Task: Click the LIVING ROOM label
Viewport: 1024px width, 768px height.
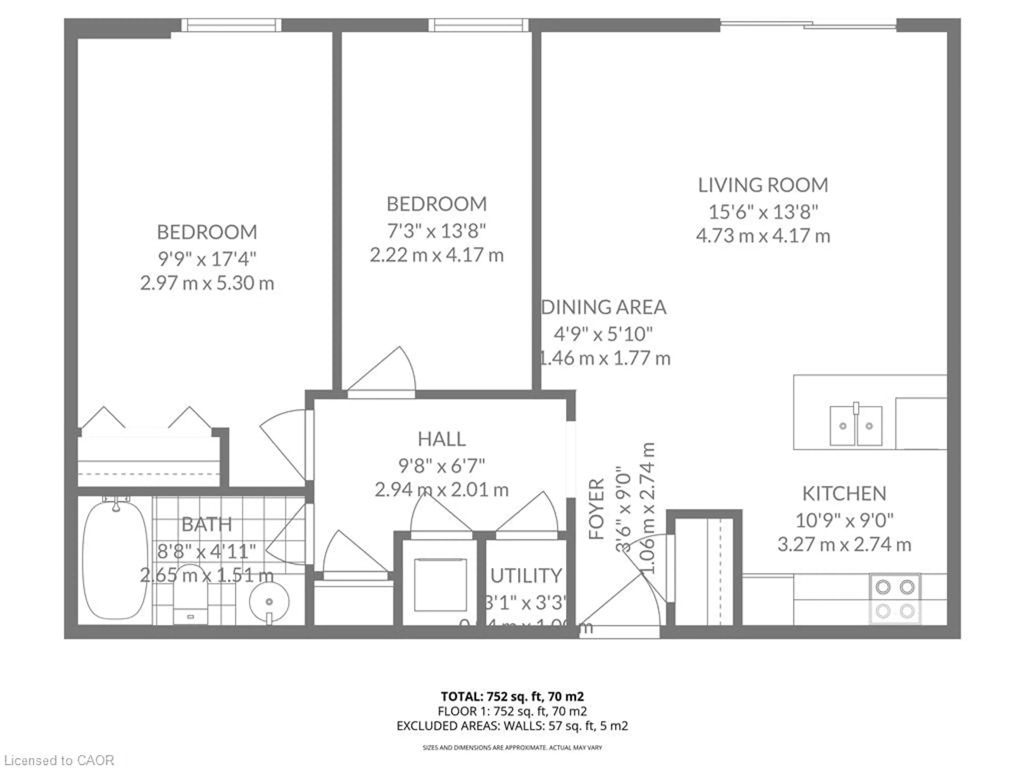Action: click(x=763, y=185)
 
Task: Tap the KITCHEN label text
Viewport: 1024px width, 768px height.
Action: click(x=844, y=494)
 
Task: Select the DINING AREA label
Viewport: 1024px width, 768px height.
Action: click(x=604, y=307)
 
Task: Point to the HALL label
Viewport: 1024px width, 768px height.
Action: click(x=442, y=439)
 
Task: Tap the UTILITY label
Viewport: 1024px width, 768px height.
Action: click(x=526, y=575)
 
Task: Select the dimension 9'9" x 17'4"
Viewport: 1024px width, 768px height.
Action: click(x=207, y=258)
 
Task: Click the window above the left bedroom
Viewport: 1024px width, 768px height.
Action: click(x=231, y=25)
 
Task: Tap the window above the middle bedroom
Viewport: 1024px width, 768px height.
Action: click(x=478, y=25)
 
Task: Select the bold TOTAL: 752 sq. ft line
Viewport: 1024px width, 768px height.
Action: click(x=512, y=696)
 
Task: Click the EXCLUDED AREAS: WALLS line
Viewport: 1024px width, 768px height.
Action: click(x=512, y=725)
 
